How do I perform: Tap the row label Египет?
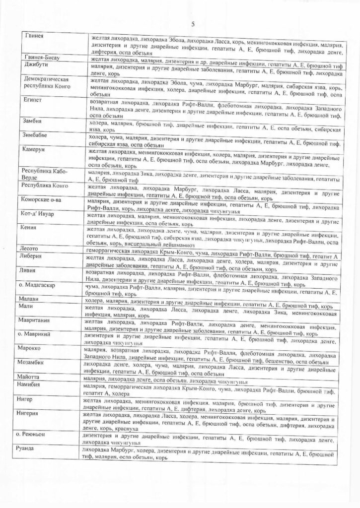[30, 100]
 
